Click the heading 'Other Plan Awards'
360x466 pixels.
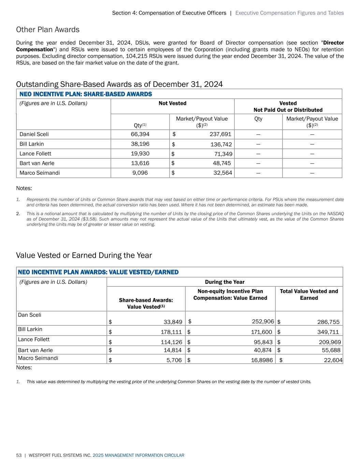point(48,30)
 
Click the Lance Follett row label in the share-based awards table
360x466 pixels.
point(35,154)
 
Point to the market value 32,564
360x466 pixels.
point(223,173)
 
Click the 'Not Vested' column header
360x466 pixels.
point(172,103)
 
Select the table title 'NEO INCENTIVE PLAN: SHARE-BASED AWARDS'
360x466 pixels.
point(86,94)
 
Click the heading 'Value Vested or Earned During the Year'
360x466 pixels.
point(84,255)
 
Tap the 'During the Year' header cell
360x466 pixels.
point(225,282)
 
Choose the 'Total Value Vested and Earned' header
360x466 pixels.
point(309,294)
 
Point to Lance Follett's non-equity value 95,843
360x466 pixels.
point(261,342)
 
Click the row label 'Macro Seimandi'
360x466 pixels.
point(38,358)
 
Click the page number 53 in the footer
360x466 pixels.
point(19,455)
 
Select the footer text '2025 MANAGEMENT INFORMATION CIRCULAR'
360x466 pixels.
point(138,455)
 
